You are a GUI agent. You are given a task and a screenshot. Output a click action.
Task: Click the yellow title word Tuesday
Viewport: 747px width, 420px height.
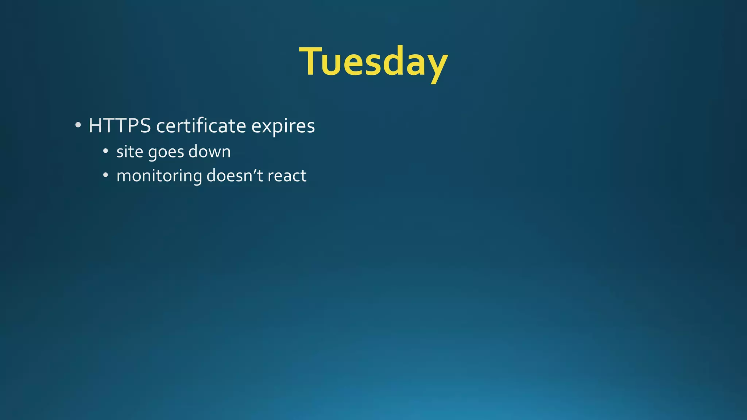[x=373, y=62]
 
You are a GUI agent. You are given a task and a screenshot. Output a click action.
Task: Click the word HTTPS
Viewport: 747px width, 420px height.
[x=120, y=126]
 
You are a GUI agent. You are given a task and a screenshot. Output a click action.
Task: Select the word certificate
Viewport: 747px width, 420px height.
[x=201, y=126]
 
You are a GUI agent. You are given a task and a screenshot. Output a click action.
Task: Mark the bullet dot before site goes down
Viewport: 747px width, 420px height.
[x=105, y=151]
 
